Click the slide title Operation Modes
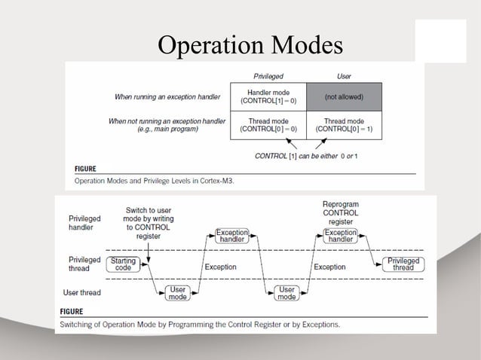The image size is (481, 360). click(x=250, y=45)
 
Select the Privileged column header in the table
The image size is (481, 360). click(x=268, y=76)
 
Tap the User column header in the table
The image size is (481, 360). click(x=344, y=76)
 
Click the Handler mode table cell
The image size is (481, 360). click(x=268, y=96)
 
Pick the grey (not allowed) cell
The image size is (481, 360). click(x=344, y=97)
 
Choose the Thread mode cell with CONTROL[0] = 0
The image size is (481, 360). click(x=268, y=124)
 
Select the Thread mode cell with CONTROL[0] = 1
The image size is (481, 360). click(x=344, y=124)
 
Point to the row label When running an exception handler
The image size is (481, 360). click(x=170, y=97)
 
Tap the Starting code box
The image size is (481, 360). click(x=124, y=264)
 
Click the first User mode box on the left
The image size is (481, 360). click(x=178, y=293)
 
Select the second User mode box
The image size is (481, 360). click(x=287, y=293)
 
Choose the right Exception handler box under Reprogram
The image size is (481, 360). click(x=340, y=236)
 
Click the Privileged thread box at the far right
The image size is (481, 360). click(x=403, y=264)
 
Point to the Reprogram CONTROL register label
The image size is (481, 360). click(x=340, y=212)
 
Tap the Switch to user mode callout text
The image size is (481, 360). click(x=148, y=222)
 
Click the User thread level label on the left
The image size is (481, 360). click(x=84, y=292)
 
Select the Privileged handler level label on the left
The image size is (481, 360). click(x=84, y=221)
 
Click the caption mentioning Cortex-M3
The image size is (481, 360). click(x=154, y=181)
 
